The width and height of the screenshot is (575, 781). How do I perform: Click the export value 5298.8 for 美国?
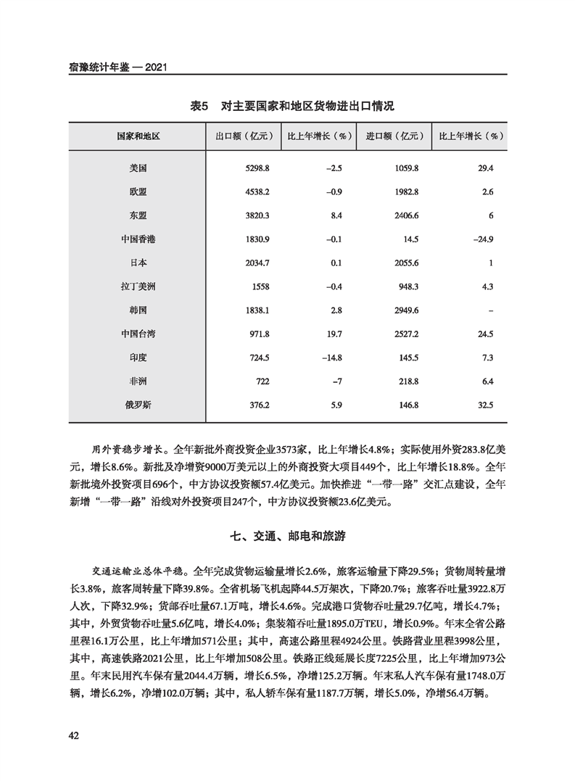click(x=257, y=168)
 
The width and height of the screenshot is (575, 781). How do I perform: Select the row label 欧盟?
click(x=138, y=191)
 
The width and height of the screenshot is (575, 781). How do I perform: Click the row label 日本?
click(x=138, y=263)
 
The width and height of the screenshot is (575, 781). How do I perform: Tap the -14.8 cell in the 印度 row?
click(x=331, y=358)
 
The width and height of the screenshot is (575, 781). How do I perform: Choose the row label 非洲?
click(x=138, y=381)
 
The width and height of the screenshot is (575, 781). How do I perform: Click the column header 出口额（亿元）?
click(x=243, y=136)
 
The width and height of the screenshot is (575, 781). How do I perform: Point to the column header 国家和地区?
click(x=138, y=136)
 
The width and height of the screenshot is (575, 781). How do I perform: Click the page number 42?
click(x=73, y=735)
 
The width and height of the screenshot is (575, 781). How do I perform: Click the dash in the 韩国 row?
click(x=491, y=310)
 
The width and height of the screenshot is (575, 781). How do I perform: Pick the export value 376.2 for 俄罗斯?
click(x=260, y=405)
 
